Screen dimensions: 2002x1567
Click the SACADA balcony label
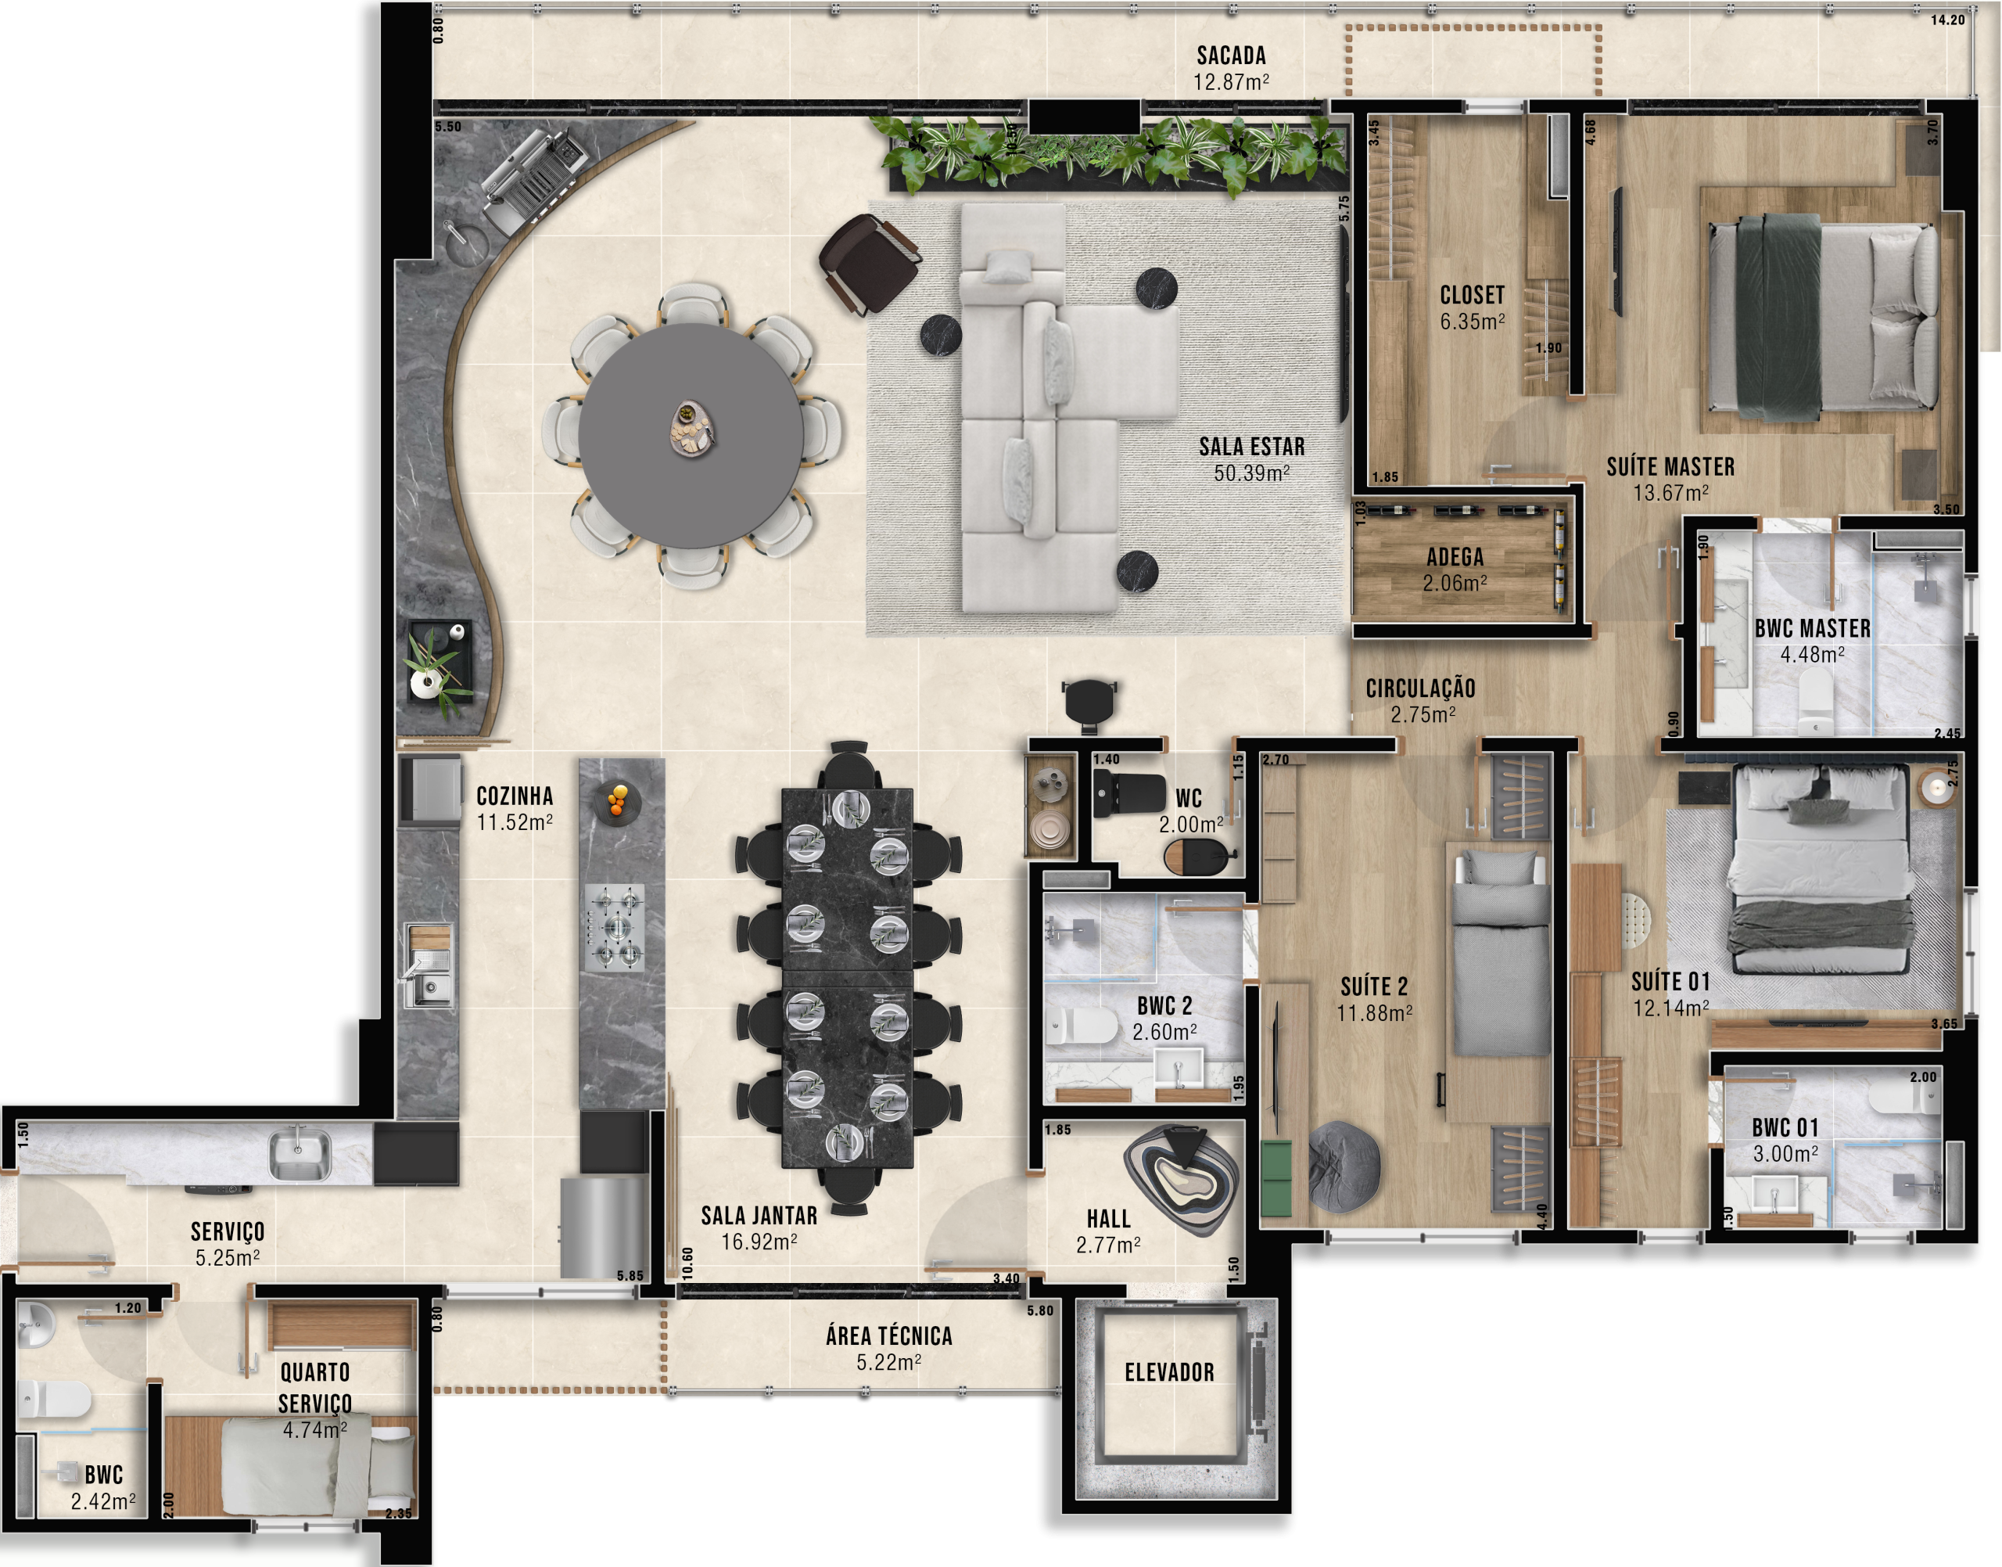pyautogui.click(x=1231, y=56)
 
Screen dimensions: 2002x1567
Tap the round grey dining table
pyautogui.click(x=691, y=435)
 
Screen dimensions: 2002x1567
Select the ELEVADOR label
pyautogui.click(x=1169, y=1371)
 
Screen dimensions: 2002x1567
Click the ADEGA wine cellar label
pyautogui.click(x=1455, y=557)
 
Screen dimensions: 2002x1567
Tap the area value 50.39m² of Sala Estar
pyautogui.click(x=1252, y=473)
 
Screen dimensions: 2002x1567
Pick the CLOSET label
pyautogui.click(x=1472, y=296)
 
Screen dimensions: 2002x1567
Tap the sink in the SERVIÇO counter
pyautogui.click(x=298, y=1155)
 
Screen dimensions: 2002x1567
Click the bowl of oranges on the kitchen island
pyautogui.click(x=617, y=801)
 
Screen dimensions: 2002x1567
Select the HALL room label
pyautogui.click(x=1109, y=1218)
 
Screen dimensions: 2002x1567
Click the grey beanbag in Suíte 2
pyautogui.click(x=1344, y=1166)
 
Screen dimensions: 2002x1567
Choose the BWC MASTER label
pyautogui.click(x=1812, y=628)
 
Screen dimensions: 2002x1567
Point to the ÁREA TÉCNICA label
pyautogui.click(x=888, y=1335)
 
